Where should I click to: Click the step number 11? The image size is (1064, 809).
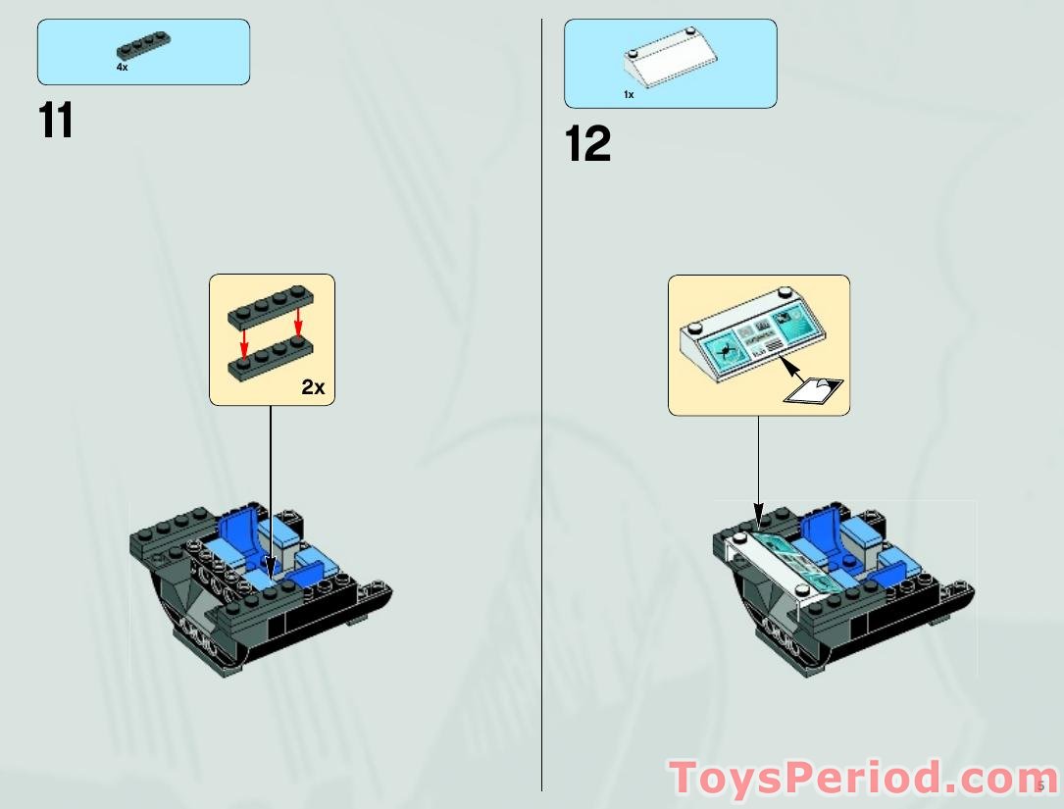tap(56, 121)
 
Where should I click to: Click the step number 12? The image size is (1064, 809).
tap(587, 144)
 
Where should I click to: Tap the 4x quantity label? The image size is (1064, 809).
tap(122, 68)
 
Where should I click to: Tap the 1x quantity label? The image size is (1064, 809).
tap(629, 94)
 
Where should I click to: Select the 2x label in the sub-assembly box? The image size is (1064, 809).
tap(313, 387)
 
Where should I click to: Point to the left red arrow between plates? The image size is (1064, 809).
tap(244, 341)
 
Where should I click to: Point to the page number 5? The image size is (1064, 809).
tap(1039, 785)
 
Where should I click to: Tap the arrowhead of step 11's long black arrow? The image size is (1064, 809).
tap(271, 567)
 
